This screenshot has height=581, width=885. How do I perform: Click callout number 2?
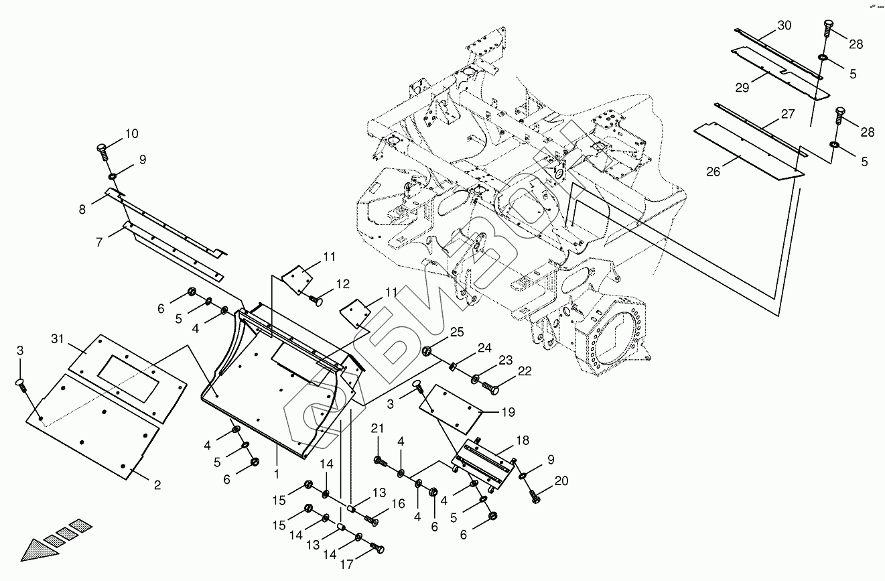pyautogui.click(x=157, y=485)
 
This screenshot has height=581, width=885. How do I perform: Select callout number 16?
pyautogui.click(x=398, y=505)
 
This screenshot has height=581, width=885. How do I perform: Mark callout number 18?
pyautogui.click(x=522, y=440)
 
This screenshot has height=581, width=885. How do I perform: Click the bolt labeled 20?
pyautogui.click(x=536, y=497)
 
